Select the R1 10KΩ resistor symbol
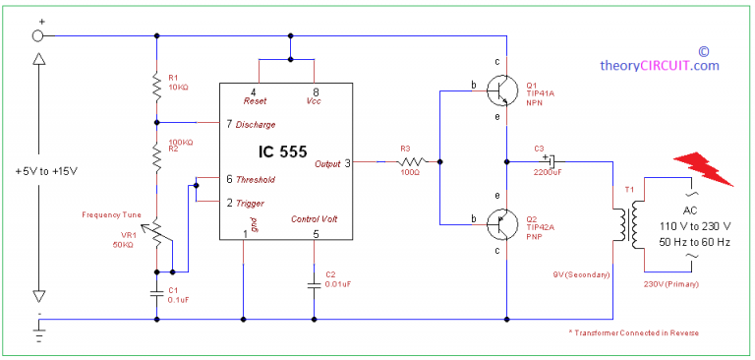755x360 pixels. pyautogui.click(x=156, y=87)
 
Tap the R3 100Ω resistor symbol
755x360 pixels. pyautogui.click(x=412, y=161)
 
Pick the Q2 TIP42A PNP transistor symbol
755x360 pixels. pyautogui.click(x=500, y=223)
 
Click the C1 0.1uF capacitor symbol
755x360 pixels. pyautogui.click(x=156, y=292)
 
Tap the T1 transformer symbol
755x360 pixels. pyautogui.click(x=624, y=223)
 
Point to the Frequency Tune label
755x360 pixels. pyautogui.click(x=113, y=213)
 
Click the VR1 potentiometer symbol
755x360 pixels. pyautogui.click(x=156, y=233)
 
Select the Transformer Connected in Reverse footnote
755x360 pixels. pyautogui.click(x=634, y=332)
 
